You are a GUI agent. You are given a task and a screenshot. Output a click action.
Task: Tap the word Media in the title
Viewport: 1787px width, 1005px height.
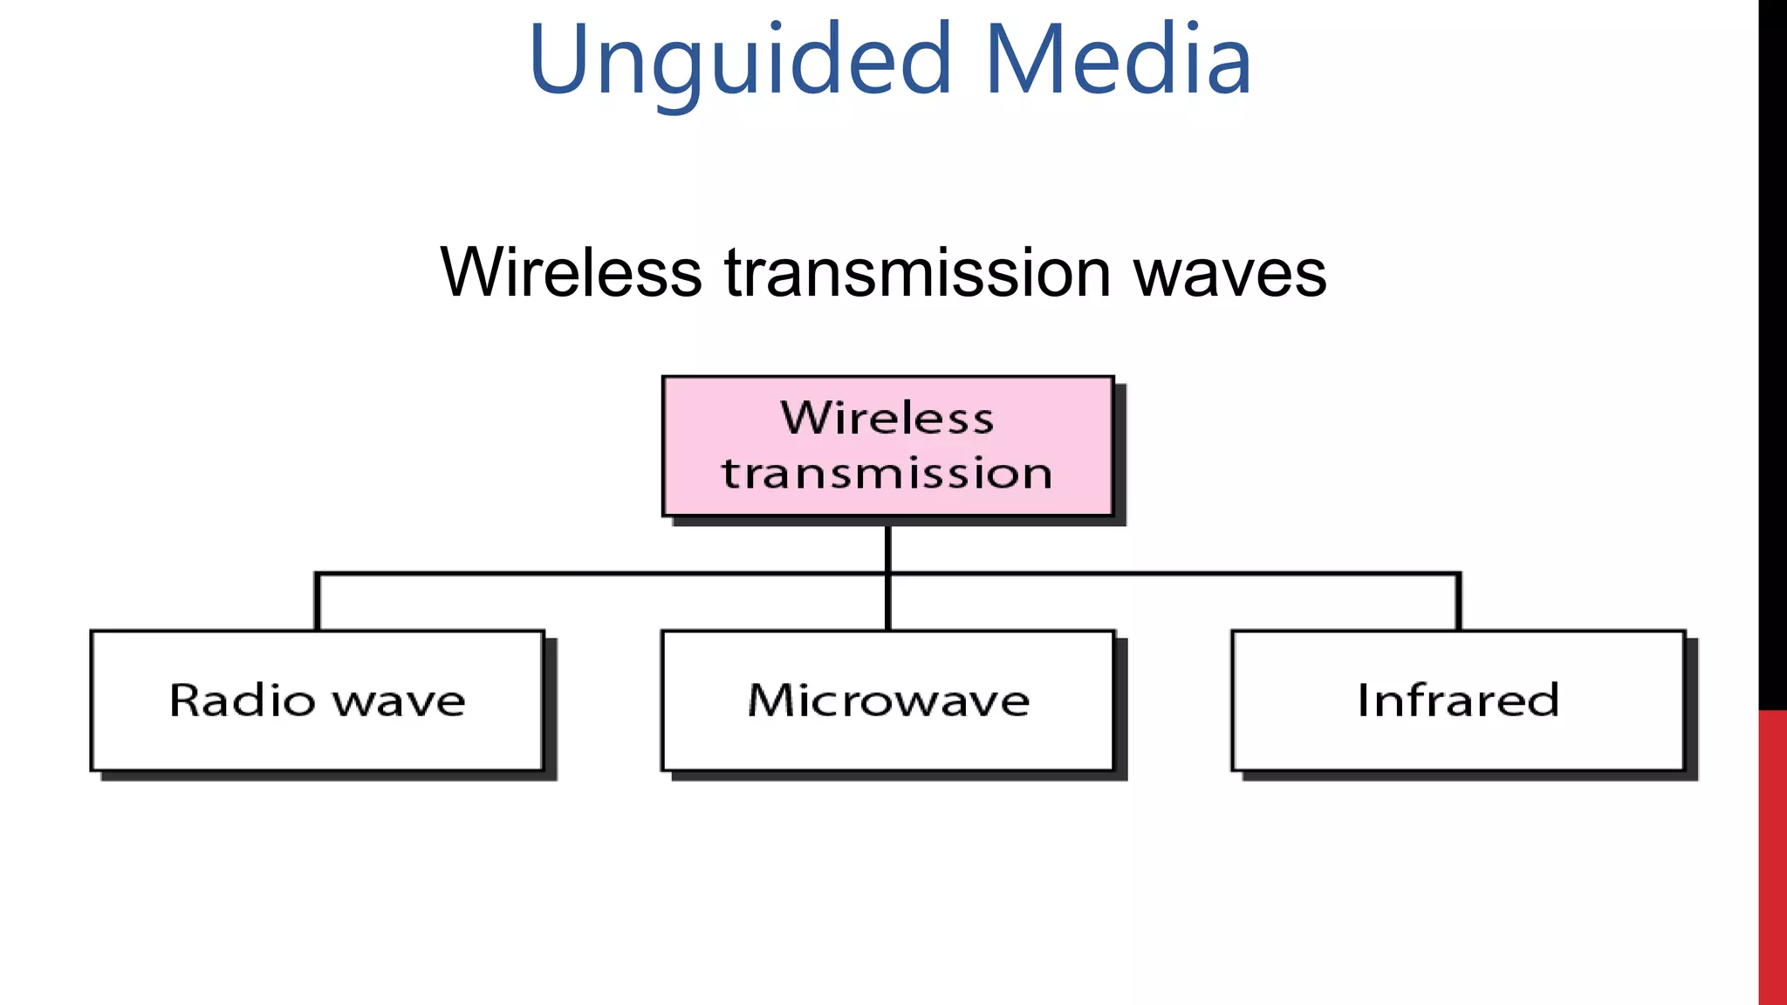pos(1119,61)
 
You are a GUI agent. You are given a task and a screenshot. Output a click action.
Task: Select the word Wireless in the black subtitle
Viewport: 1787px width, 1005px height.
pos(571,273)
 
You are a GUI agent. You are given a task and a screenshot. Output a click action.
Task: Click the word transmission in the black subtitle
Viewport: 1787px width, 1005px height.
pos(917,273)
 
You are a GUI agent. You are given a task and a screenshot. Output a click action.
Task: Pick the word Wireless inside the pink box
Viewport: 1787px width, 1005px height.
pos(887,418)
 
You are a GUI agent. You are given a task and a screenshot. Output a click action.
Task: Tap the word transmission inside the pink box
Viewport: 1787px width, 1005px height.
pos(887,474)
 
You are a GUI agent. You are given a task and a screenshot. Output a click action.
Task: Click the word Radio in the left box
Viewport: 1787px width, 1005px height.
pos(243,700)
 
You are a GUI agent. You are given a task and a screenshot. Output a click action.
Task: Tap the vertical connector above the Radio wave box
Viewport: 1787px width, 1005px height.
pos(318,603)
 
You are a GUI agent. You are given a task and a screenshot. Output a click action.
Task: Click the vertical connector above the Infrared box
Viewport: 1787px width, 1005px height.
pos(1458,603)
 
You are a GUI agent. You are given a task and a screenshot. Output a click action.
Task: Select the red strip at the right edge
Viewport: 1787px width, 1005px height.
pos(1772,855)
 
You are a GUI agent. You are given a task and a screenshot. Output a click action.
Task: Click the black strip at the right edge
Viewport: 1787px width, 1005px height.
pos(1772,349)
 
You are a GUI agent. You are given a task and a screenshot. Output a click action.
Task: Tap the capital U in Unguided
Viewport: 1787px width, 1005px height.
pos(559,59)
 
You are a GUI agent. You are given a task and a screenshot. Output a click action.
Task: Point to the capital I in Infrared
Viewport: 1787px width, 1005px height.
pos(1363,700)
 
